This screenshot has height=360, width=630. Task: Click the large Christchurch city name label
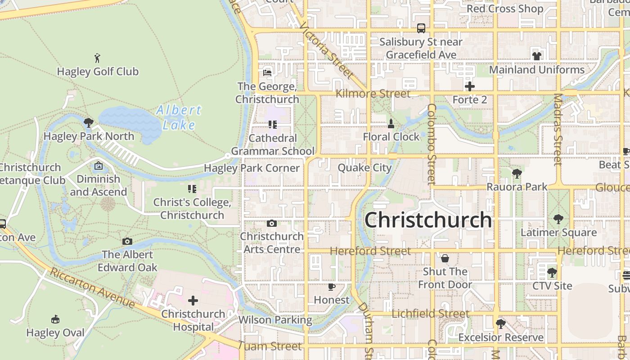tap(428, 220)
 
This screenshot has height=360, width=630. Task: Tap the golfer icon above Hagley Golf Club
tap(97, 58)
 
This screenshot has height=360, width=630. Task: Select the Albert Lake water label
tap(179, 117)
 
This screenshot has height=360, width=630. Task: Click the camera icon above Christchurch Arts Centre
tap(271, 223)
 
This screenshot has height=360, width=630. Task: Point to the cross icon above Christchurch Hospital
tap(193, 301)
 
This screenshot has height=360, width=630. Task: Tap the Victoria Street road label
tap(327, 52)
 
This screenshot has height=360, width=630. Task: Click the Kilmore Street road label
tap(373, 94)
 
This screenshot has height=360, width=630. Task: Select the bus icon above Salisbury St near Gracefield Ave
tap(421, 28)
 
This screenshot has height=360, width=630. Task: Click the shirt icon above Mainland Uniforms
tap(536, 56)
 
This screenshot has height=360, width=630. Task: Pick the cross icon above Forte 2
tap(469, 86)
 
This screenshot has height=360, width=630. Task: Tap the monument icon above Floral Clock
tap(391, 123)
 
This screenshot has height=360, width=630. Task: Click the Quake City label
tap(364, 168)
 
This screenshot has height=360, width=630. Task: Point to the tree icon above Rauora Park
tap(517, 173)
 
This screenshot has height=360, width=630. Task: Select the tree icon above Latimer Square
tap(558, 219)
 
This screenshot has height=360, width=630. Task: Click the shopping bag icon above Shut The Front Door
tap(445, 258)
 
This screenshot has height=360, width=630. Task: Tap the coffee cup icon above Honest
tap(332, 287)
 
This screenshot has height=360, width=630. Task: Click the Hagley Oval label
tap(55, 333)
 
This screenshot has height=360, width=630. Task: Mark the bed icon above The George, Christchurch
tap(267, 72)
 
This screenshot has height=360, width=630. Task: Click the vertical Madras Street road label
tap(558, 130)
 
